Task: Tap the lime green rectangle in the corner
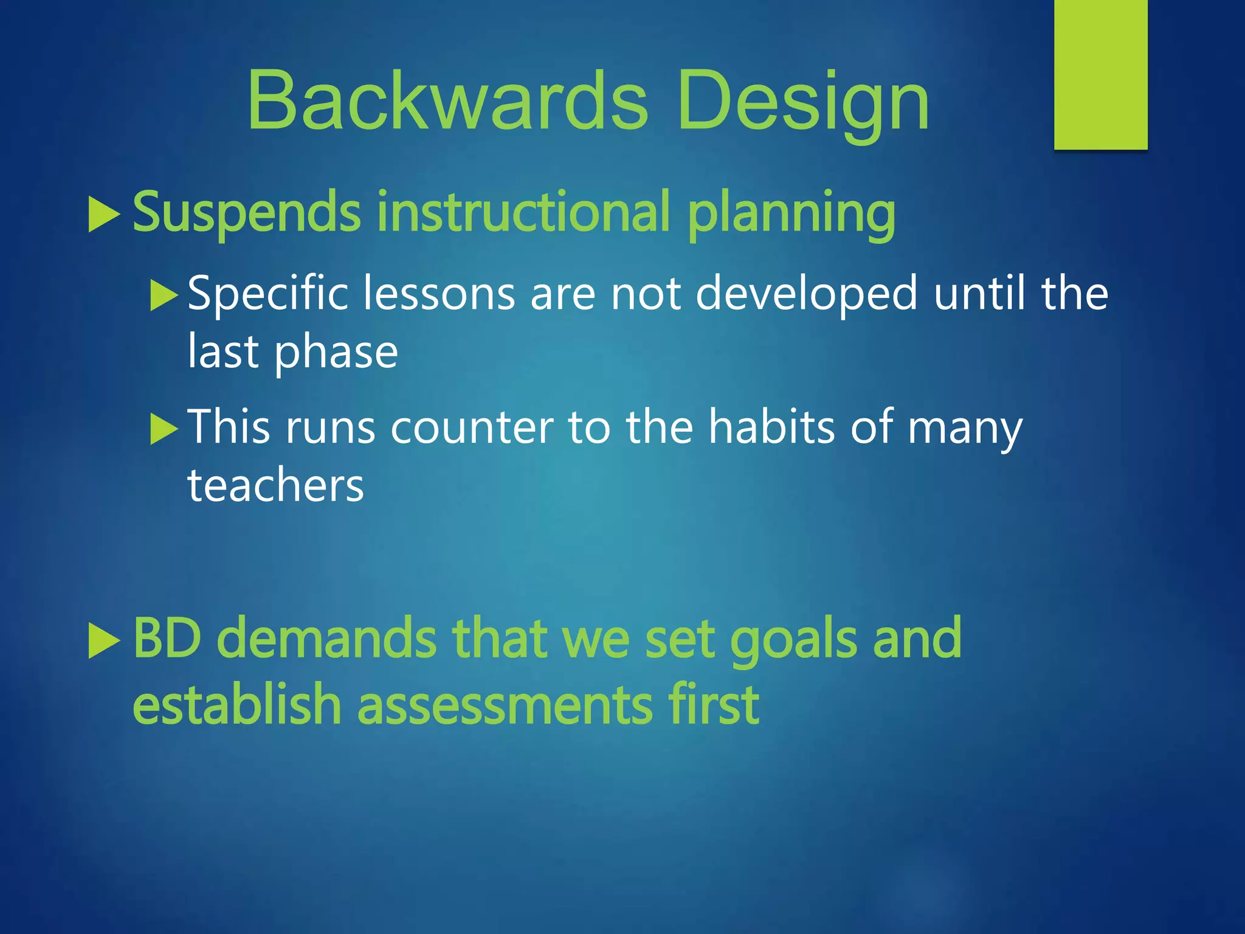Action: pos(1100,74)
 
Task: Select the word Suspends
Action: pos(247,213)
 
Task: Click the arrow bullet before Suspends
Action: pos(103,214)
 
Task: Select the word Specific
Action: pos(267,294)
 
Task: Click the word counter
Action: pos(472,428)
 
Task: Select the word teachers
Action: pos(275,486)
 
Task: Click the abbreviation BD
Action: pos(167,638)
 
